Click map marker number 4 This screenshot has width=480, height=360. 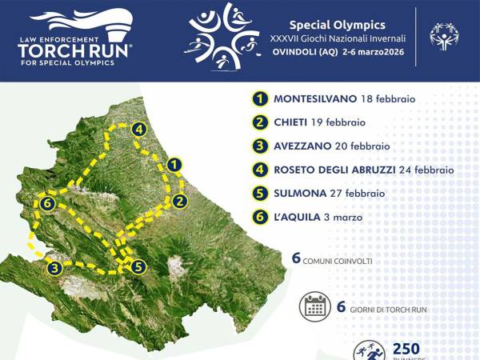tap(138, 129)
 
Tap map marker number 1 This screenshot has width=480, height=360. tap(176, 165)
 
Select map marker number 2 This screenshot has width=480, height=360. tap(180, 201)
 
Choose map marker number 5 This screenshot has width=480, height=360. tap(138, 267)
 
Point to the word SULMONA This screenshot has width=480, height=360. tap(300, 193)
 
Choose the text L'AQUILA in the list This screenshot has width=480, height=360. tap(297, 217)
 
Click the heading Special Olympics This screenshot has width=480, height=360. tap(348, 25)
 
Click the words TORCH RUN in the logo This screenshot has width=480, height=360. tap(76, 50)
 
